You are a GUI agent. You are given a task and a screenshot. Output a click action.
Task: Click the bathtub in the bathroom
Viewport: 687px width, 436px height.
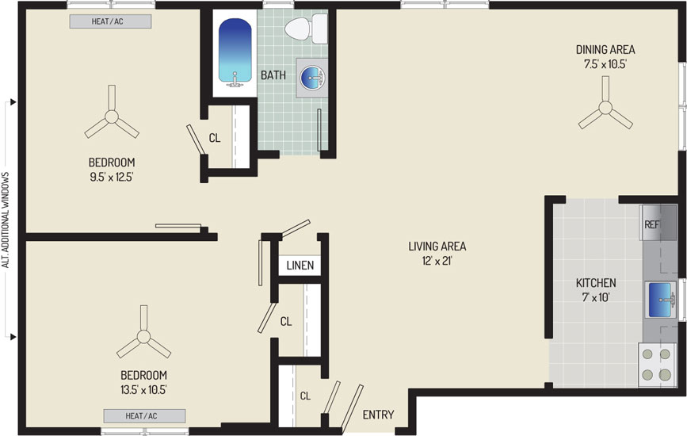(235, 52)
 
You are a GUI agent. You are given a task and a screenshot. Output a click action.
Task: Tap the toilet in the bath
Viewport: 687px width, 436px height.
(306, 29)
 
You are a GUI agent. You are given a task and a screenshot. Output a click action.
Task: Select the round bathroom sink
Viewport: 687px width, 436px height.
(312, 78)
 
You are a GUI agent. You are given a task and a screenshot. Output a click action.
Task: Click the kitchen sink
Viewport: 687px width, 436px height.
(660, 300)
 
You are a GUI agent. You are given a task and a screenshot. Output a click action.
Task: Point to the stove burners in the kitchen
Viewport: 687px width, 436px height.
(656, 364)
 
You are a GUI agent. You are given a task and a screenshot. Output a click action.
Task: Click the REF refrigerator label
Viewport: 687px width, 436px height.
(651, 225)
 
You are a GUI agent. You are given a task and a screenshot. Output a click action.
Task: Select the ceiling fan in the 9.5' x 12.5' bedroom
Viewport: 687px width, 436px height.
(112, 117)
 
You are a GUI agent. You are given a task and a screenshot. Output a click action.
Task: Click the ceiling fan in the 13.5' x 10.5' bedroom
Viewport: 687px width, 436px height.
(143, 337)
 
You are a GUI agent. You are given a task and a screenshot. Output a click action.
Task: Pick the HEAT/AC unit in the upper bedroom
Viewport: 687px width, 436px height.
(110, 21)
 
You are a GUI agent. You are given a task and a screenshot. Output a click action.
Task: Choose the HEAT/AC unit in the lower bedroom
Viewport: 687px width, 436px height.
(144, 416)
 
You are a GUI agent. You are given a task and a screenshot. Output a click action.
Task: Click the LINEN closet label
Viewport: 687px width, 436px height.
(300, 266)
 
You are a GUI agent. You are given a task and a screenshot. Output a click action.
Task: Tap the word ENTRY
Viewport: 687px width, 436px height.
(378, 415)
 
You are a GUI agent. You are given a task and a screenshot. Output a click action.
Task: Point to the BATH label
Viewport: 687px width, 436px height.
(273, 75)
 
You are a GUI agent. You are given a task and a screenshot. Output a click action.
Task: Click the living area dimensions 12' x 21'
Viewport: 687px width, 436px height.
(437, 261)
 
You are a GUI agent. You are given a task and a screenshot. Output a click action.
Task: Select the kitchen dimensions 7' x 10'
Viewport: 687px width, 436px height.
(596, 297)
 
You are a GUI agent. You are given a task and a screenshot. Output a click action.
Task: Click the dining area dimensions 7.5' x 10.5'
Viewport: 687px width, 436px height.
(605, 64)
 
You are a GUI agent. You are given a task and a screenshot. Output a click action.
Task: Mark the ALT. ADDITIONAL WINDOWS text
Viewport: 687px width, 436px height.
(6, 220)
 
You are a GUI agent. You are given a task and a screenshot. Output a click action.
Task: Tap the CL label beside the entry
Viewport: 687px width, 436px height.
(305, 396)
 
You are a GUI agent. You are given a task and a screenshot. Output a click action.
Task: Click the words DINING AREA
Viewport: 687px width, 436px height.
(605, 50)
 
